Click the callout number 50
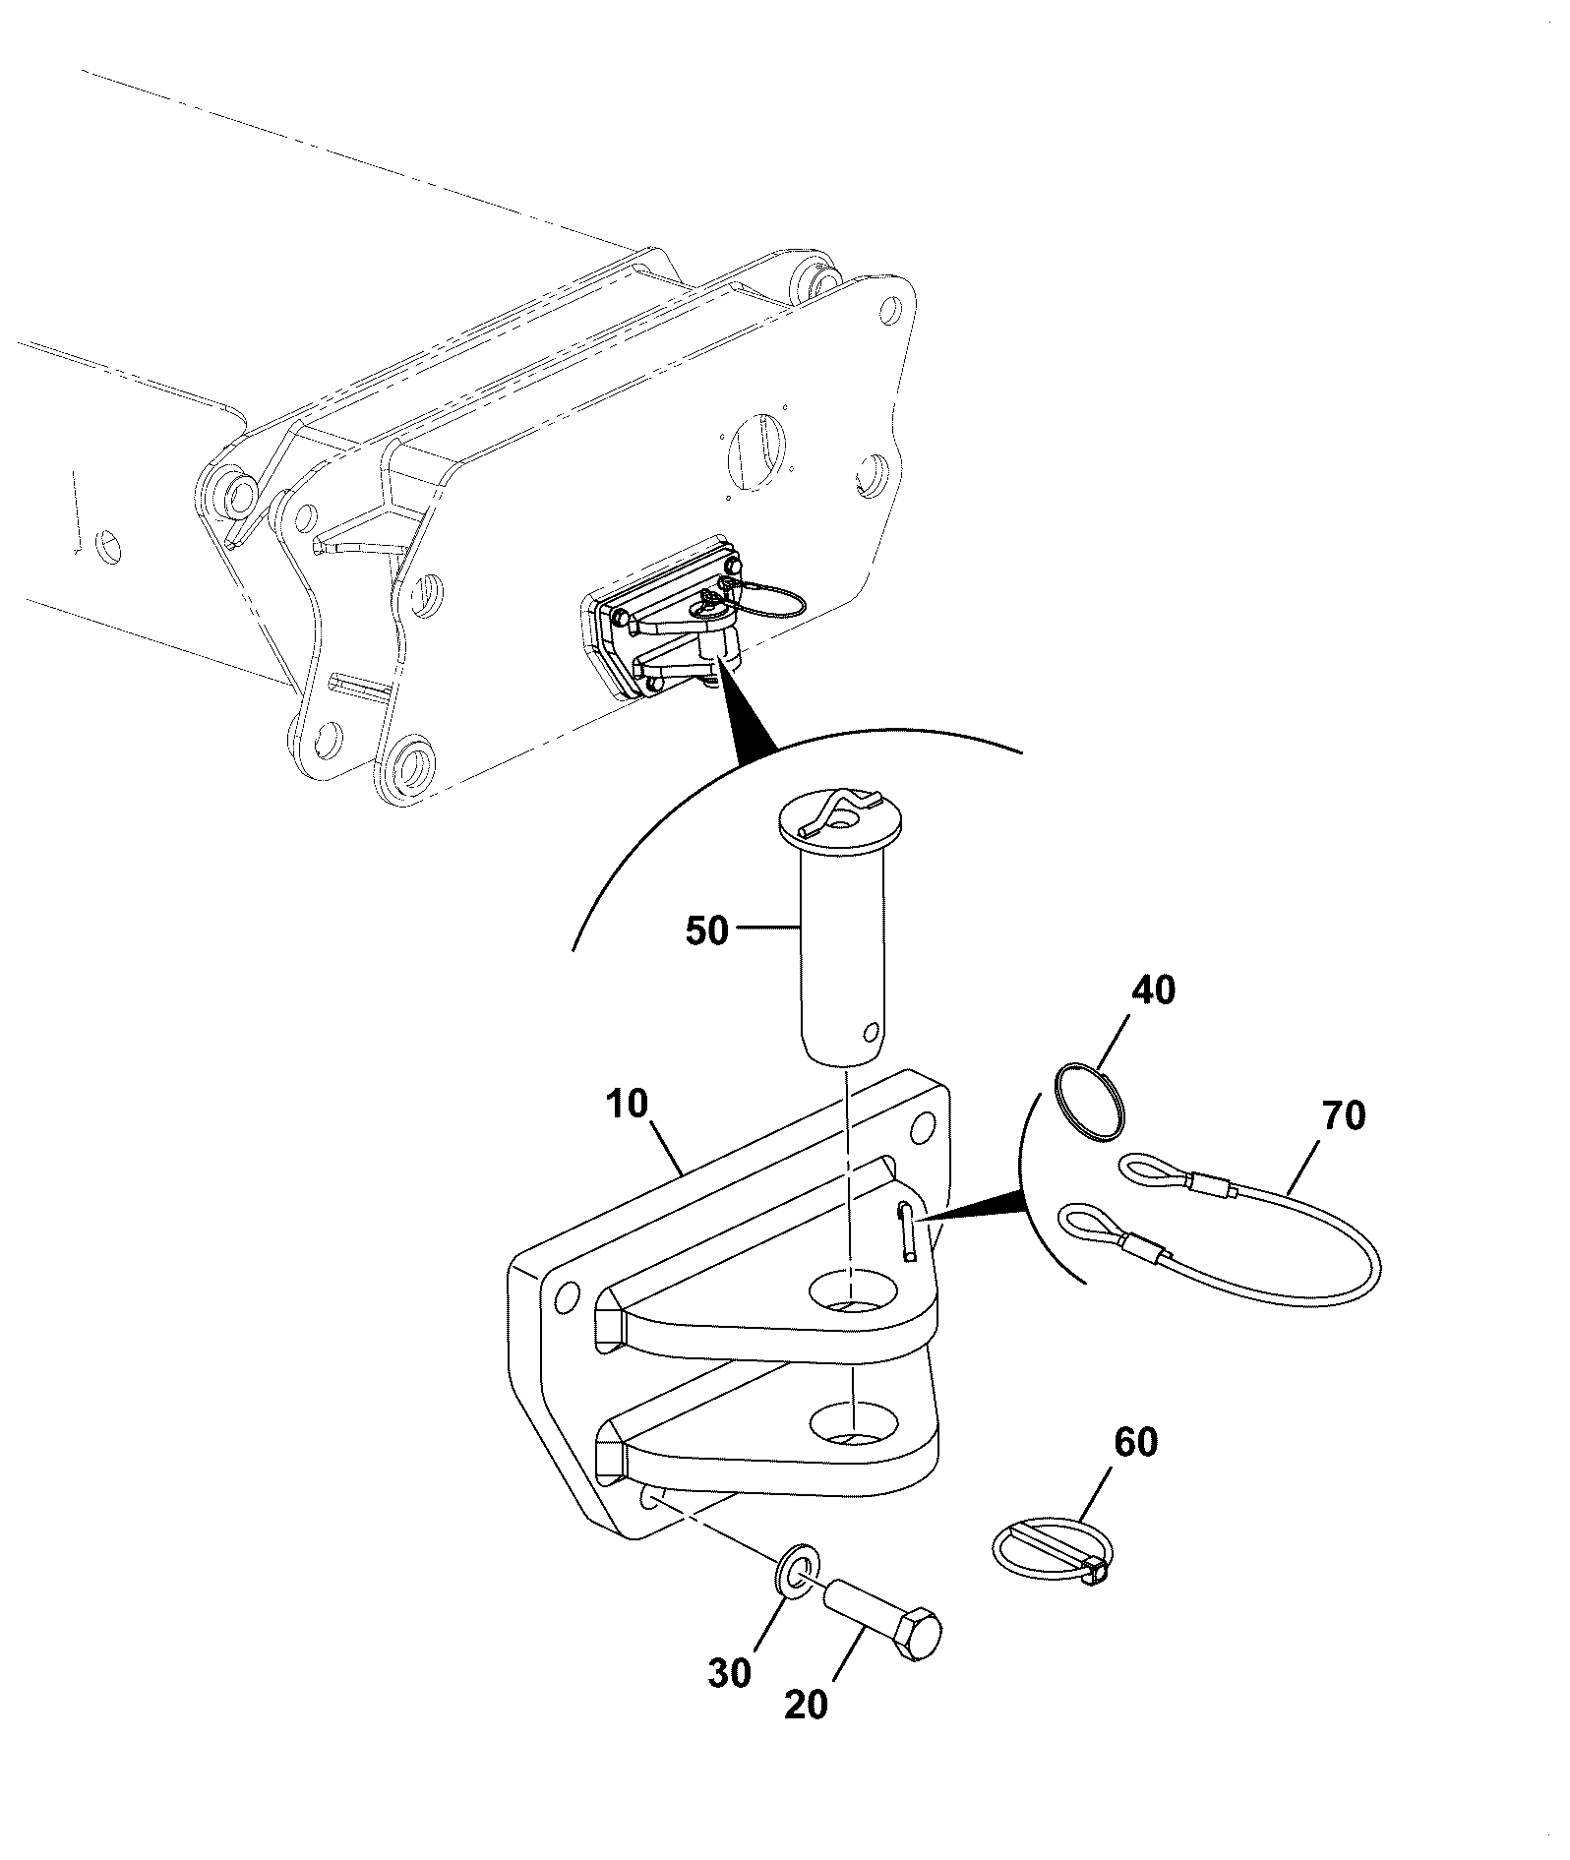(706, 930)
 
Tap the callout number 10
(628, 1104)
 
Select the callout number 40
(1154, 990)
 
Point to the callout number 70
(1345, 1115)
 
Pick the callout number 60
(1136, 1442)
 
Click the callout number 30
(730, 1673)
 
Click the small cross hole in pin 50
(870, 1033)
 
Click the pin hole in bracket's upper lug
(853, 1292)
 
